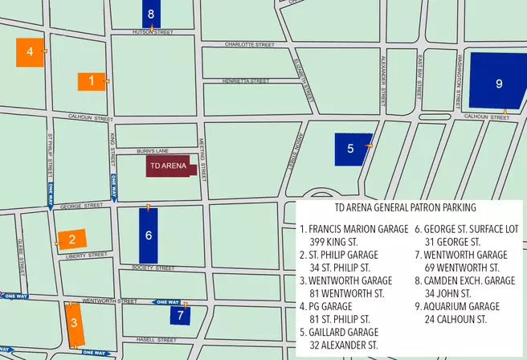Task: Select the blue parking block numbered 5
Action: coord(351,149)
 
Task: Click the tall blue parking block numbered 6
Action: coord(149,235)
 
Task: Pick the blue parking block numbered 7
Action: coord(181,314)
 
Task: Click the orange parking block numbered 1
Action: coord(92,81)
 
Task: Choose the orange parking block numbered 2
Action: coord(72,239)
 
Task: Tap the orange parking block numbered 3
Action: coord(73,325)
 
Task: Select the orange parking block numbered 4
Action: coord(30,52)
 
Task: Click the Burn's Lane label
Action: coord(149,150)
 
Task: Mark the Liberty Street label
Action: coord(89,255)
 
